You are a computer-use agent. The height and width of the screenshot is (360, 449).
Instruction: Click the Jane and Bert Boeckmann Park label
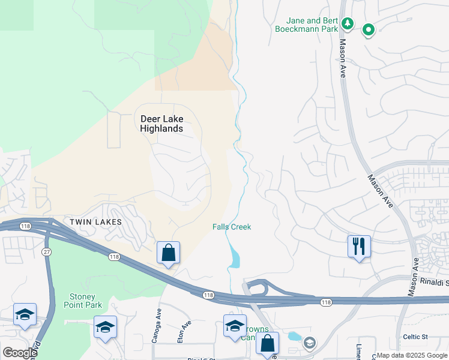(x=304, y=23)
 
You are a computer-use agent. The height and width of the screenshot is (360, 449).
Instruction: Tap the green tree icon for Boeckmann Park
(x=347, y=23)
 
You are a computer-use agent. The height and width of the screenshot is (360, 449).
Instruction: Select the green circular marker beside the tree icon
(x=367, y=29)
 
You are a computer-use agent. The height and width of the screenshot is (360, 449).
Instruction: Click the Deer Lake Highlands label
(x=161, y=123)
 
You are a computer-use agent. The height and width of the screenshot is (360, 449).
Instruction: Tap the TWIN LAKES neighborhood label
(x=95, y=222)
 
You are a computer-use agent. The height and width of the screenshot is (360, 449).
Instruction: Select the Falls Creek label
(x=232, y=227)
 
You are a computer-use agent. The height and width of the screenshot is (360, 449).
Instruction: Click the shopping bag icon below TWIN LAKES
(x=169, y=253)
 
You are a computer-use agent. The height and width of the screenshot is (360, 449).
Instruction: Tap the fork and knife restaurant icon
(x=359, y=246)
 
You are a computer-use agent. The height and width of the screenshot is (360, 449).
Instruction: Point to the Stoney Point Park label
(x=82, y=301)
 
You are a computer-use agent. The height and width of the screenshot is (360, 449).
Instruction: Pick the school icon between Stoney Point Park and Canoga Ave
(x=105, y=328)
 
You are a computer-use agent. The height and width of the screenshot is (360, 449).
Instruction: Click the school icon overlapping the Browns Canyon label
(x=235, y=326)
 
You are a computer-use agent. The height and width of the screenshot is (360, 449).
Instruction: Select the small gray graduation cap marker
(x=310, y=343)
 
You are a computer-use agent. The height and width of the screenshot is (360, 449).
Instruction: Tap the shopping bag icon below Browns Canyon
(x=267, y=344)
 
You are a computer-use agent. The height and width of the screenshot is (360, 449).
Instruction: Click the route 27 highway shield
(x=46, y=252)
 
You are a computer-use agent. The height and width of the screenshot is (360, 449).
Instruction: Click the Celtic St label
(x=415, y=337)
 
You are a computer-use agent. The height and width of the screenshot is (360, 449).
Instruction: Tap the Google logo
(x=20, y=353)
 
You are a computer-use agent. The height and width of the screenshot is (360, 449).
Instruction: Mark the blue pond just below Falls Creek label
(x=234, y=258)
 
